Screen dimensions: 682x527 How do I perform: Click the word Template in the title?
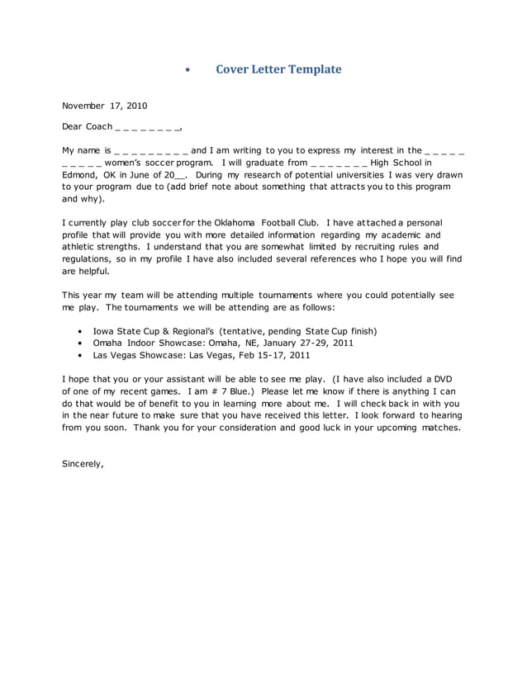[314, 69]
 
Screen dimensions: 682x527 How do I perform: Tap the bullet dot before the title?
[188, 70]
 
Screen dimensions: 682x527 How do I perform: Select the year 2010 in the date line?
[136, 106]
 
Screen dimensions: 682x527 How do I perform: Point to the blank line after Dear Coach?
[149, 128]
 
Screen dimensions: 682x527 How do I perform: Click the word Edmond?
[81, 175]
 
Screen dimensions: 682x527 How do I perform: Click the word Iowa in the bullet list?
[106, 331]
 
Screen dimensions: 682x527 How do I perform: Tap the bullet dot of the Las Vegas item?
[79, 355]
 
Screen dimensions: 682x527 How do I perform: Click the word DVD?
[443, 378]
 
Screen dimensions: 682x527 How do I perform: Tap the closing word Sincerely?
[83, 464]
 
